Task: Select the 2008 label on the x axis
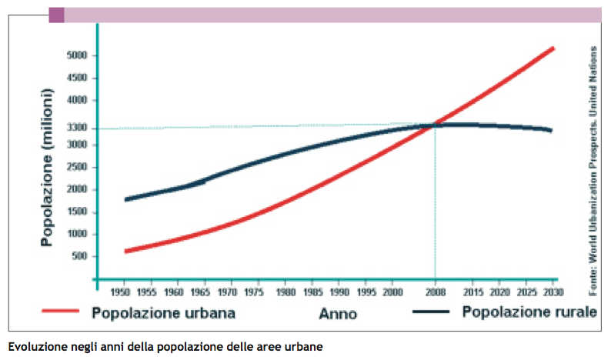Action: coord(436,293)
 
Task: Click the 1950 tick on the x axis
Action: coord(121,293)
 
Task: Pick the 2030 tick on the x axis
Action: coord(553,293)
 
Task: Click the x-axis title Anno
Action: coord(338,314)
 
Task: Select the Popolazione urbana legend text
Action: coord(162,313)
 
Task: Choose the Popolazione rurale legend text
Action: coord(529,312)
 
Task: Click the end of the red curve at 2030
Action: coord(553,48)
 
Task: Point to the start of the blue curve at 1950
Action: coord(125,199)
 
